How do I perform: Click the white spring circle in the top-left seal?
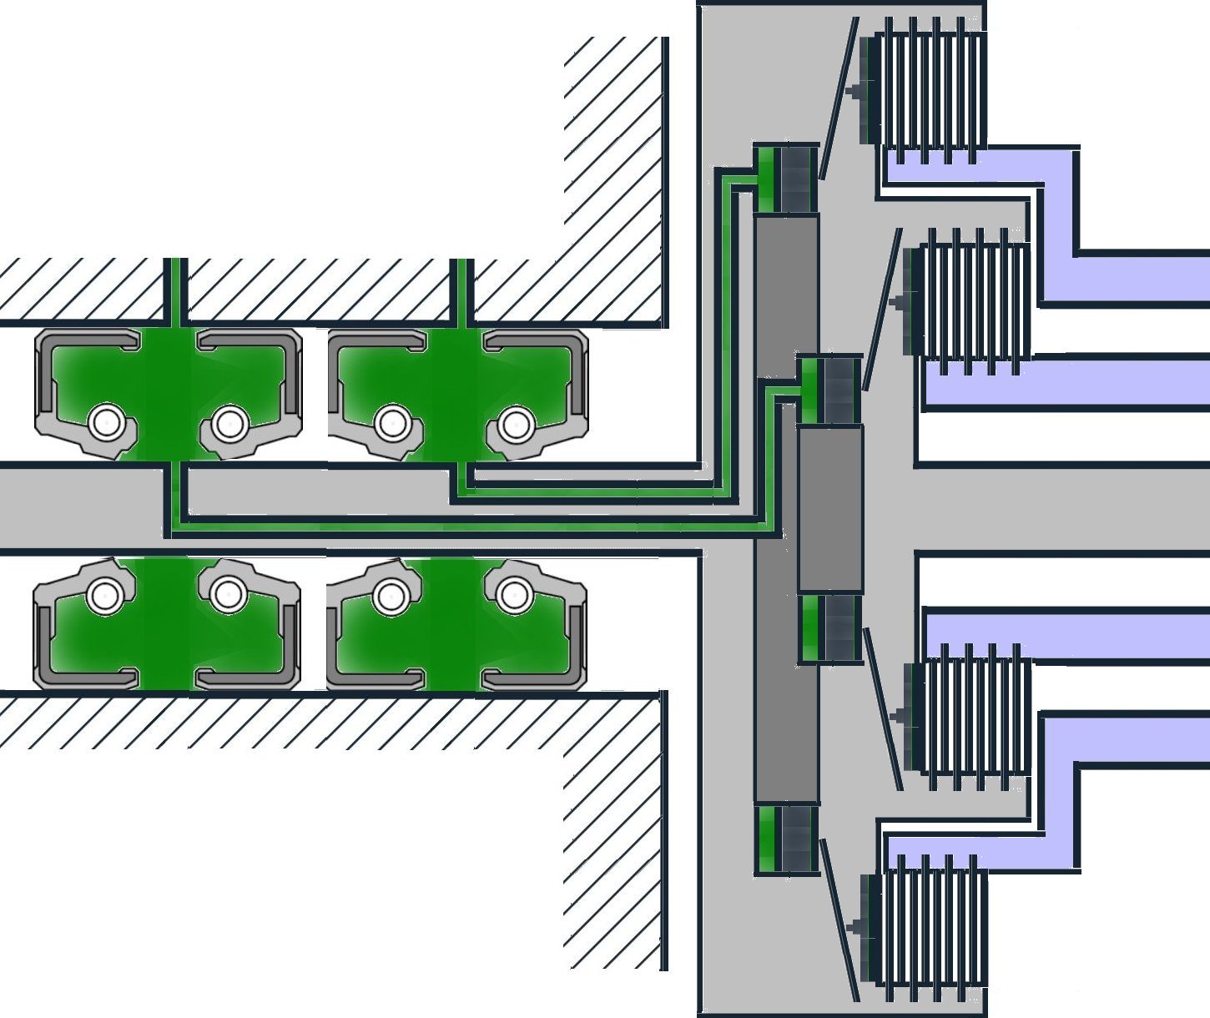tap(106, 423)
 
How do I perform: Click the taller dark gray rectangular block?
tap(786, 509)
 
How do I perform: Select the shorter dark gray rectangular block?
tap(830, 509)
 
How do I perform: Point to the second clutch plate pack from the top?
tap(972, 300)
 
